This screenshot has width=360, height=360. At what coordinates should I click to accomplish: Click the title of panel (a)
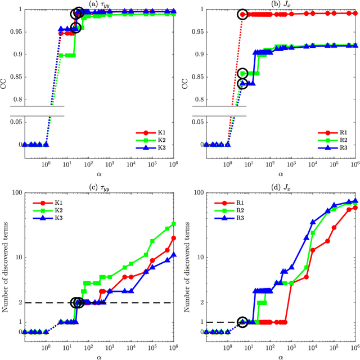99,4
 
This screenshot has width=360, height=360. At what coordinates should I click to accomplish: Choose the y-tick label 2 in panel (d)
199,303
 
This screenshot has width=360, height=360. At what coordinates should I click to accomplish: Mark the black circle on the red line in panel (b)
242,14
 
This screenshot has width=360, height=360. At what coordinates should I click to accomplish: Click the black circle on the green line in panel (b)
243,73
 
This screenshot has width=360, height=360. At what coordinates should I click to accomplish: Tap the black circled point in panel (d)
242,322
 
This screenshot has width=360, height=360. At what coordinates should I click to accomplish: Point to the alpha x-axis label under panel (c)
99,355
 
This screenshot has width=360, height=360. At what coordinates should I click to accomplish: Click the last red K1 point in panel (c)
174,238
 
